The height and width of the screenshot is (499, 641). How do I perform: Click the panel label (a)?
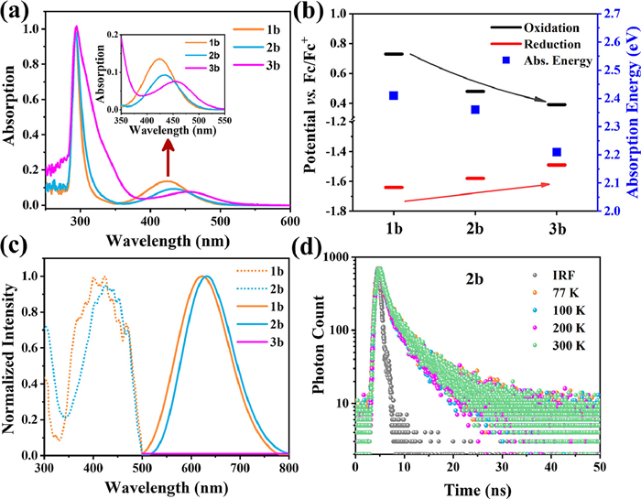click(x=17, y=13)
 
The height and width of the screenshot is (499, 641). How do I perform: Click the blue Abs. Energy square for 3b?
click(x=557, y=152)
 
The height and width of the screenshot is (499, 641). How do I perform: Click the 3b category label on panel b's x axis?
click(x=557, y=225)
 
